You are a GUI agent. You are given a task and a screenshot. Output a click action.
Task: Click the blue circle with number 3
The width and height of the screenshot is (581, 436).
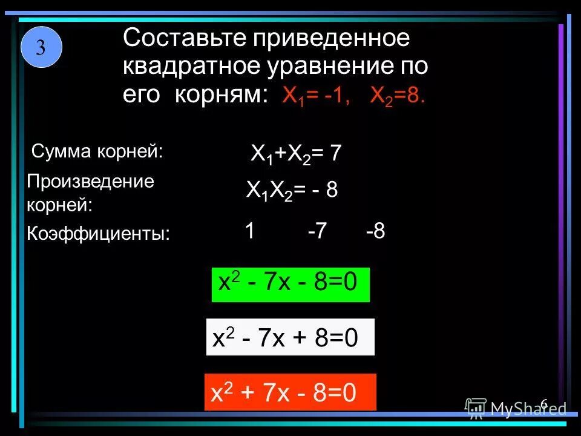(41, 47)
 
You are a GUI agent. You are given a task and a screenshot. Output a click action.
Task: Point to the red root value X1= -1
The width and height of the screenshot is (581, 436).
(316, 96)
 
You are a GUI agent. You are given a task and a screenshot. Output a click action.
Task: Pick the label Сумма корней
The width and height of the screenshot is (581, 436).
(97, 151)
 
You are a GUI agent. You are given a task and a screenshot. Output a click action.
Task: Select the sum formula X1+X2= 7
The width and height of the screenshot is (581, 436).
(296, 154)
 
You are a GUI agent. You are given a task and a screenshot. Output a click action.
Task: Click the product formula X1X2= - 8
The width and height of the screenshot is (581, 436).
(292, 191)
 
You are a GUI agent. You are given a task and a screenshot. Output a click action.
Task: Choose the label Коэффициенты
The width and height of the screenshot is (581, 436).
(99, 234)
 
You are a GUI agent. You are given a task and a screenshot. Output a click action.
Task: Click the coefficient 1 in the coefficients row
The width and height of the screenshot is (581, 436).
(249, 231)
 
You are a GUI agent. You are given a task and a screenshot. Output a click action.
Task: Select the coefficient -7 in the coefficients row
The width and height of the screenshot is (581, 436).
(317, 231)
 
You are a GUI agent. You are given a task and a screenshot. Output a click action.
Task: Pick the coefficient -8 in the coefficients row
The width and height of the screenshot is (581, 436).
(375, 231)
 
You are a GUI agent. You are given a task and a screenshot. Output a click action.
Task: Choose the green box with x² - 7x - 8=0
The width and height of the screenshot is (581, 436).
(290, 285)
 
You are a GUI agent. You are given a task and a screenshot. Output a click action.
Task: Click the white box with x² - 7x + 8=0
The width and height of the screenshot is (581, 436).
(290, 337)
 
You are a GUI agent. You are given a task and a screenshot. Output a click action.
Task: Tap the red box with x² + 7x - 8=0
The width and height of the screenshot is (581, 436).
(290, 392)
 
